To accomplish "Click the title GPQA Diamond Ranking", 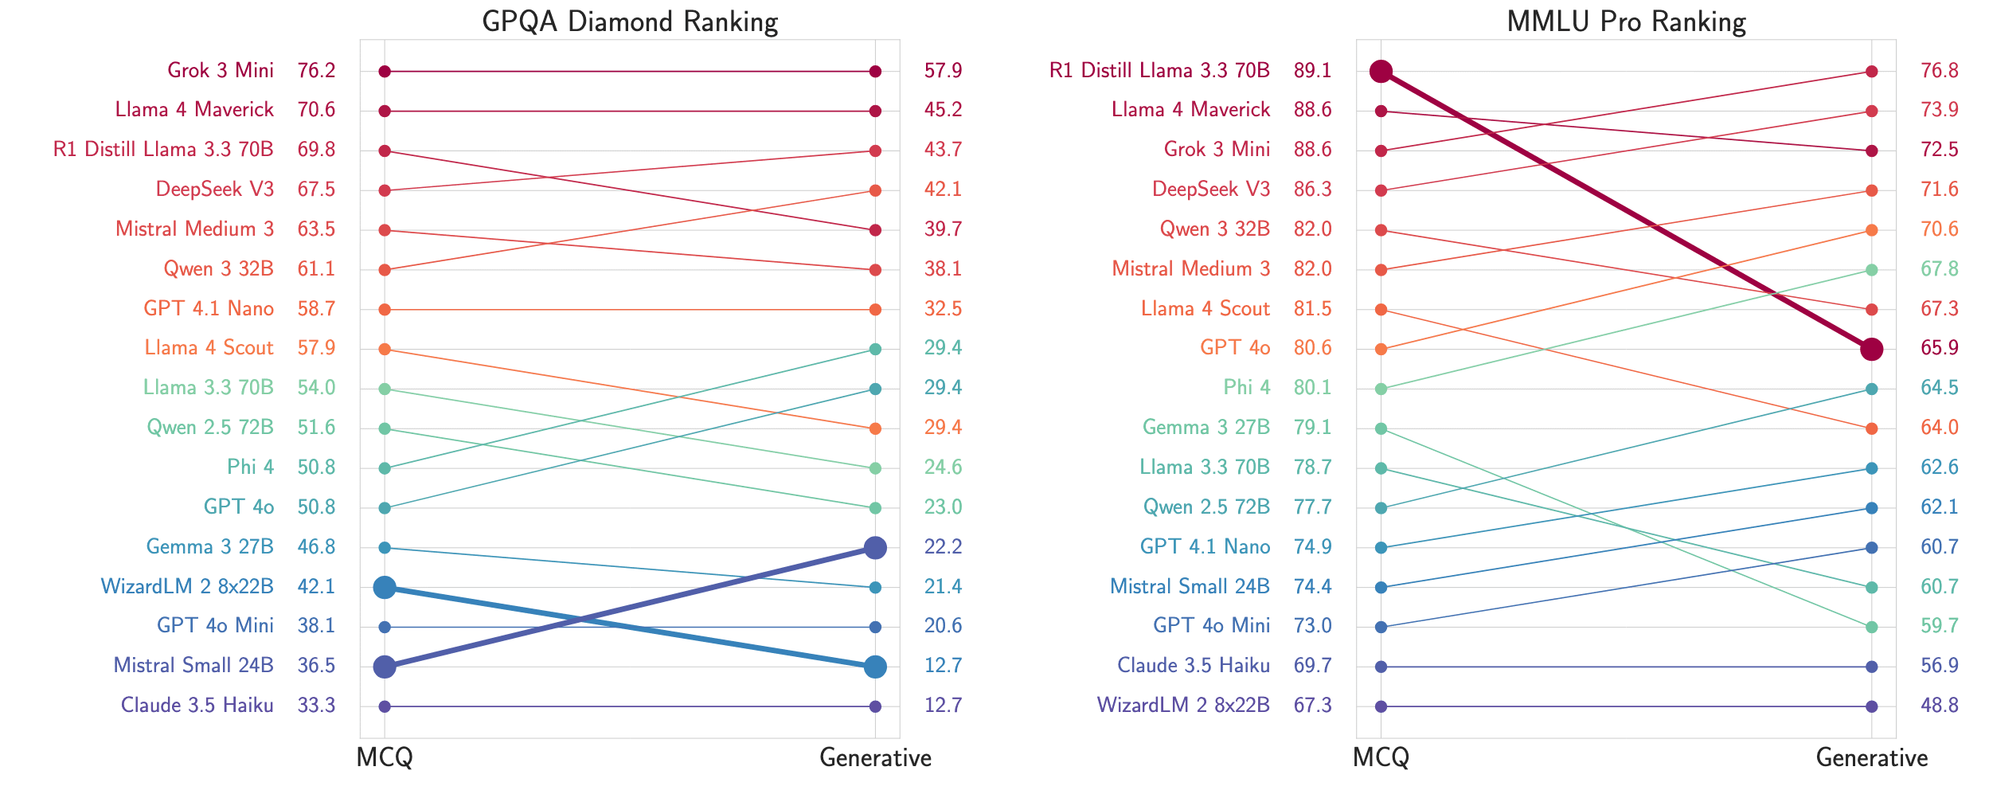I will [x=630, y=22].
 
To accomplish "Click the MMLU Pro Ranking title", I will [x=1626, y=22].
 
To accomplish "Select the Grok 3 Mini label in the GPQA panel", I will [x=221, y=71].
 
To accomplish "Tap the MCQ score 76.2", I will [x=316, y=71].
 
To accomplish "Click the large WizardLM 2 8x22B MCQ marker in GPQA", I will [x=385, y=588].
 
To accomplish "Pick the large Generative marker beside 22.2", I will [x=875, y=548].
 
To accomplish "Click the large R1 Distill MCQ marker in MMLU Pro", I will [x=1381, y=72].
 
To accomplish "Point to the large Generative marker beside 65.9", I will [x=1872, y=349].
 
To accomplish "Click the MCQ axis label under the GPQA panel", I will [x=385, y=757].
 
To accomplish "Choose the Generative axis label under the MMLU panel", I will [x=1872, y=757].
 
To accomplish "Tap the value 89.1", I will [x=1312, y=71].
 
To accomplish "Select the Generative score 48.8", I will [x=1940, y=706].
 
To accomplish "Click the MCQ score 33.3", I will [x=316, y=706].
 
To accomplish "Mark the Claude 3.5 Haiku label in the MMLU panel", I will [x=1194, y=666].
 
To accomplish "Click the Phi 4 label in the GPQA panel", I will [x=250, y=467].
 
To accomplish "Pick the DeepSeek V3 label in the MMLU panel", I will [x=1211, y=190].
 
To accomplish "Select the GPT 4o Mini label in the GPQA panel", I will [x=215, y=626].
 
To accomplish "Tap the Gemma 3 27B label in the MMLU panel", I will [x=1206, y=428].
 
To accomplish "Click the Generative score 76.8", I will [x=1940, y=71].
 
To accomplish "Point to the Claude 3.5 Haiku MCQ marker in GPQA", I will [x=385, y=706].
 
